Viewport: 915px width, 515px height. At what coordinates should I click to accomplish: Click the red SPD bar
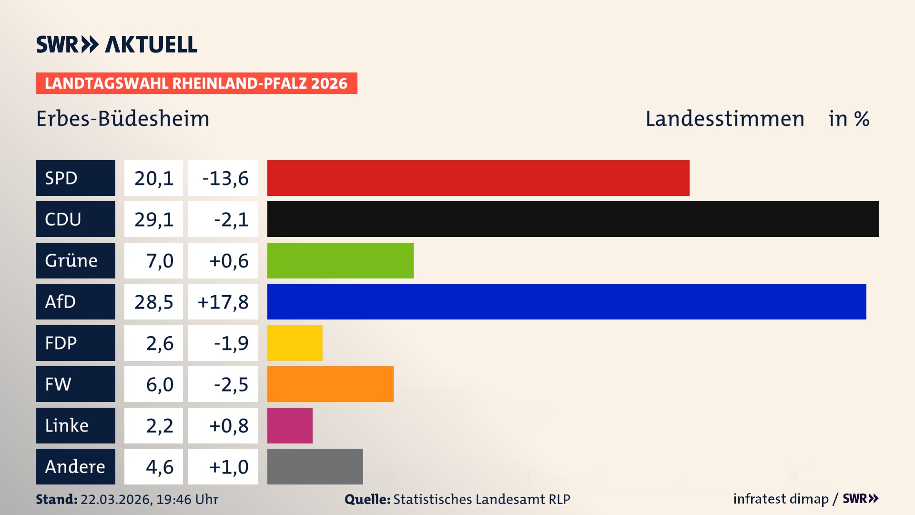pos(478,178)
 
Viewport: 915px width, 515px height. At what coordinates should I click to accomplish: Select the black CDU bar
pos(573,219)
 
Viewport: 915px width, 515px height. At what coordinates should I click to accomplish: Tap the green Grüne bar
pos(340,260)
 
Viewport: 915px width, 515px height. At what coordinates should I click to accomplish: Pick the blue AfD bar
pos(567,301)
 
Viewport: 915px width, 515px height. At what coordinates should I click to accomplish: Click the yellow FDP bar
pos(295,343)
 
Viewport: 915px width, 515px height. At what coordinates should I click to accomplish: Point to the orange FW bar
pos(330,384)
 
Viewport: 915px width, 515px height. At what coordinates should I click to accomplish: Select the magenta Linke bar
pos(290,425)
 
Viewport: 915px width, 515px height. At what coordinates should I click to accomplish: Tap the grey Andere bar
pos(315,466)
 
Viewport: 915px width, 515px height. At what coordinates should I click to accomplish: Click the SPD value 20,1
pos(153,178)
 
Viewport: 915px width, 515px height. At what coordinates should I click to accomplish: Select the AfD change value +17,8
pos(223,302)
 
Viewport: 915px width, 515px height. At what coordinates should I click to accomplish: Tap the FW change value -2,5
pos(231,384)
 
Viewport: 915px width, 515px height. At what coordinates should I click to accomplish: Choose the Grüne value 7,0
pos(159,261)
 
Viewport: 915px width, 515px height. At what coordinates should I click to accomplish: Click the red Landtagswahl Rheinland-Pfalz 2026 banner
pos(196,83)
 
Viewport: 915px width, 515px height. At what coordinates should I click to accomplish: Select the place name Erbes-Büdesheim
pos(123,119)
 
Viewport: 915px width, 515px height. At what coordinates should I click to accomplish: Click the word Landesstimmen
pos(724,119)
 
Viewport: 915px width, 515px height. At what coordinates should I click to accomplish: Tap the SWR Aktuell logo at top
pos(116,44)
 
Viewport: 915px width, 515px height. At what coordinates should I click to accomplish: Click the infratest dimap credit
pos(780,499)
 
